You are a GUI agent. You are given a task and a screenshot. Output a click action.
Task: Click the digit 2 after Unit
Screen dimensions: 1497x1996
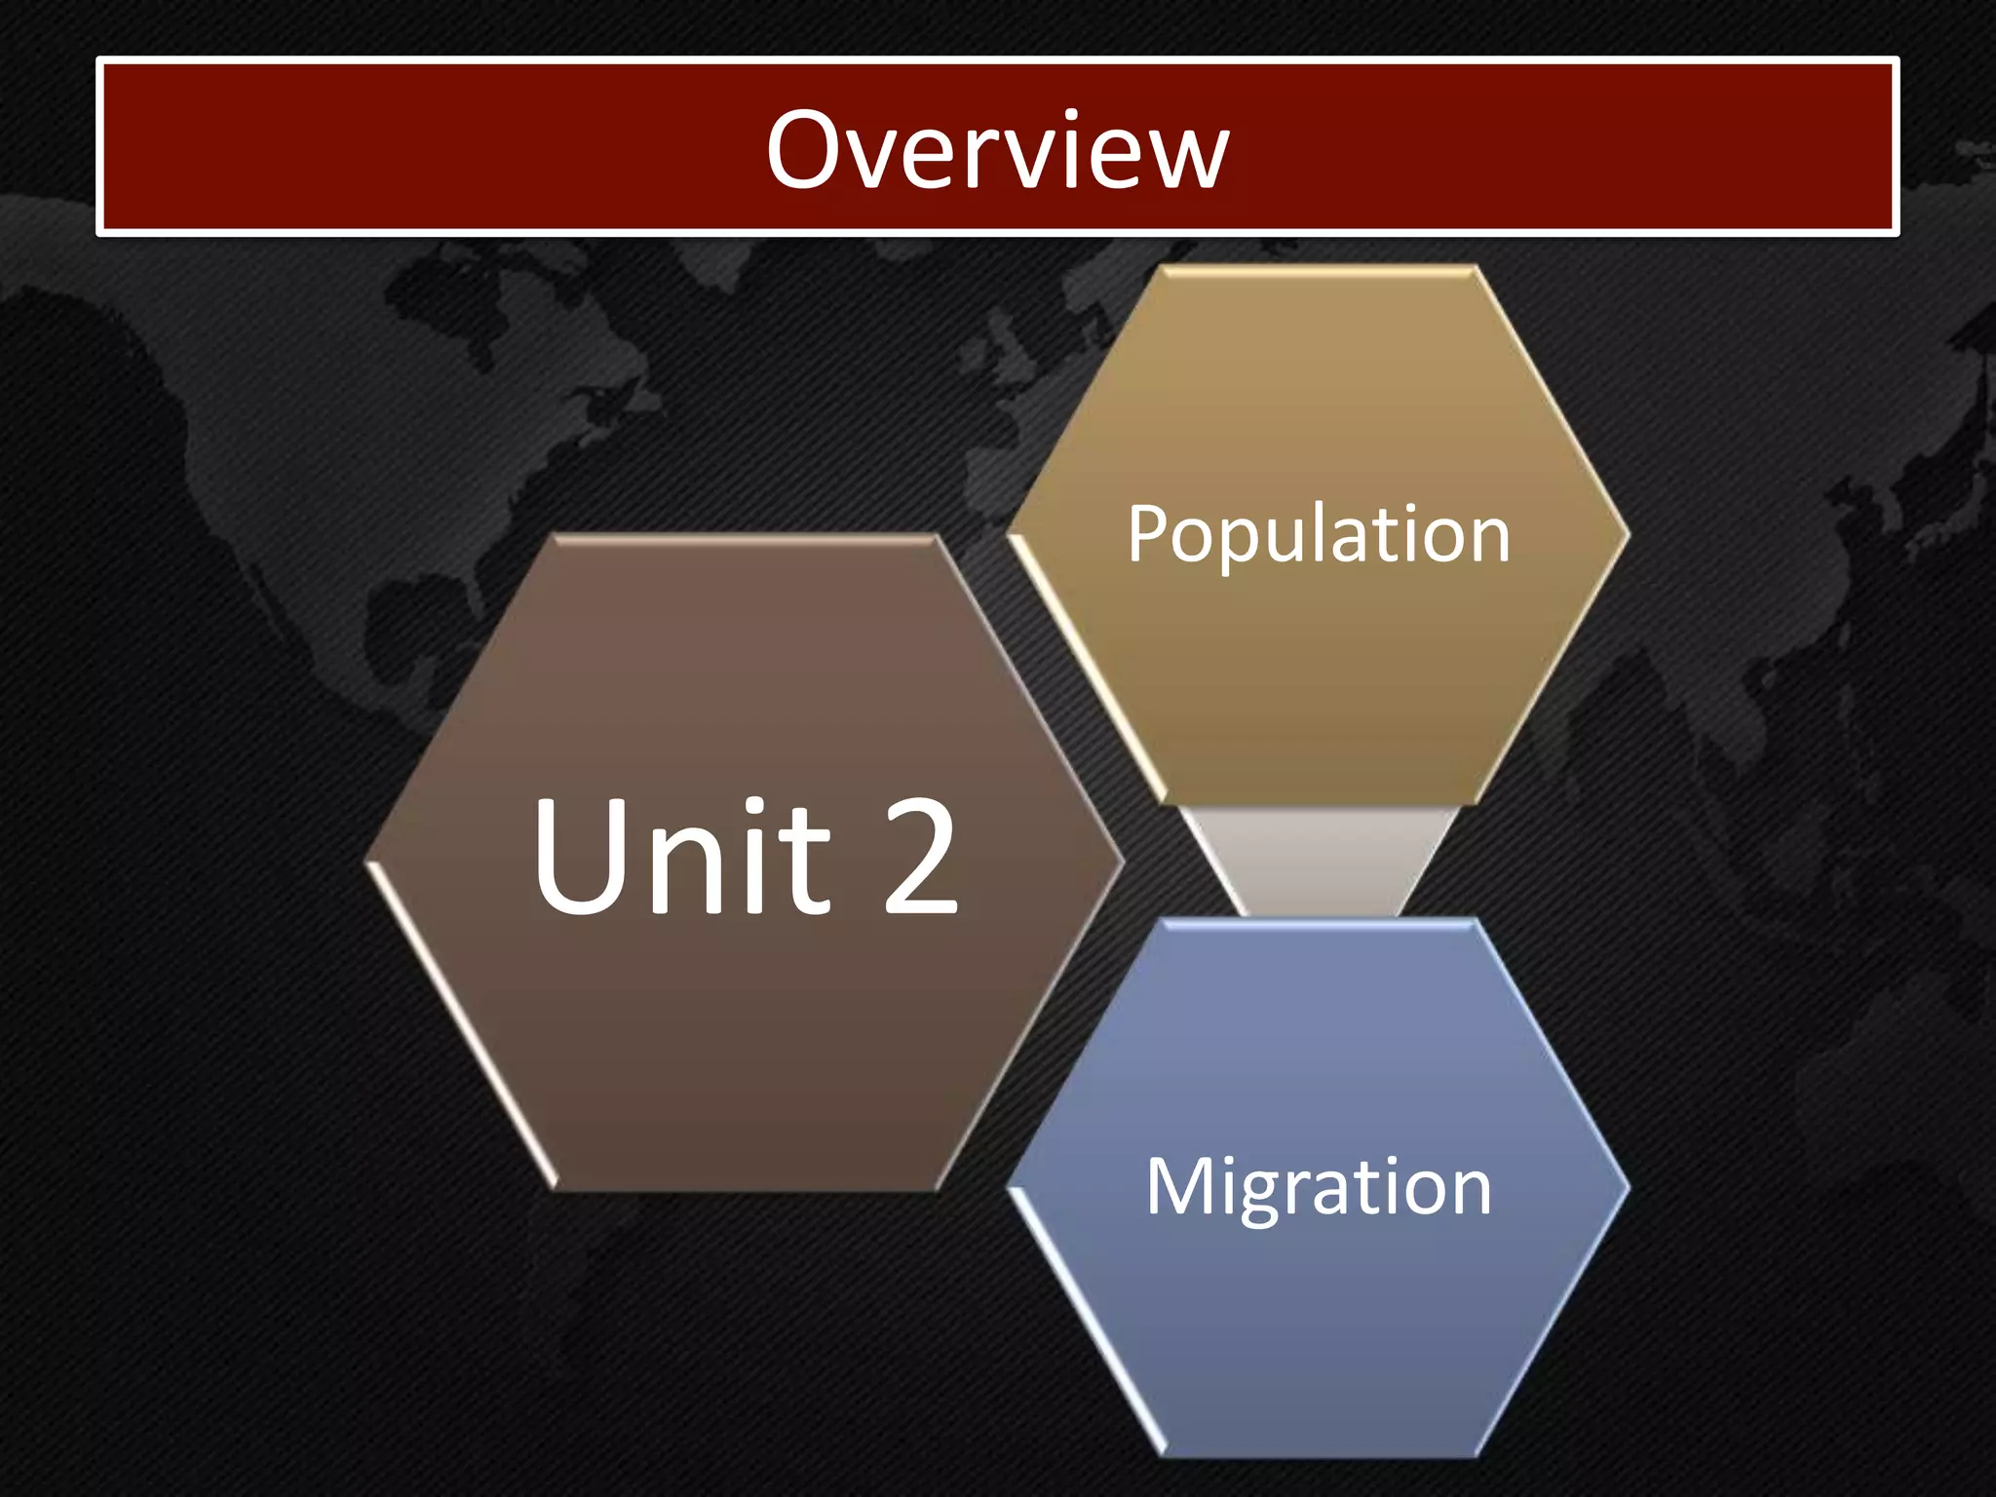[x=921, y=858]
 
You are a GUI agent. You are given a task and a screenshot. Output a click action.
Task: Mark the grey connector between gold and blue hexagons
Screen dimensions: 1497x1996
[x=1319, y=860]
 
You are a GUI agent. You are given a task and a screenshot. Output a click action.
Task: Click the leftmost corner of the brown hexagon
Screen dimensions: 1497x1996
[x=368, y=862]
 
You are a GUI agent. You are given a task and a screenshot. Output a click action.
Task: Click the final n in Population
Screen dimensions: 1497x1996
[x=1489, y=541]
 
